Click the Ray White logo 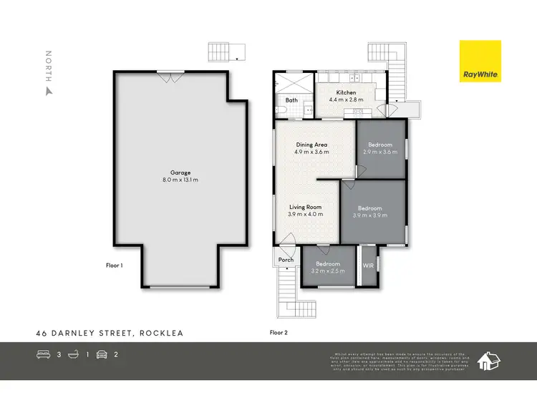pyautogui.click(x=480, y=62)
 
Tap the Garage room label pyautogui.click(x=180, y=172)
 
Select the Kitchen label pyautogui.click(x=346, y=92)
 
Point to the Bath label pyautogui.click(x=291, y=100)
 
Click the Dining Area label pyautogui.click(x=311, y=145)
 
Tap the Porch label pyautogui.click(x=286, y=260)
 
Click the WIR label pyautogui.click(x=369, y=266)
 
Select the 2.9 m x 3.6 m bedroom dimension pyautogui.click(x=380, y=152)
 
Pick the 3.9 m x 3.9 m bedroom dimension pyautogui.click(x=370, y=215)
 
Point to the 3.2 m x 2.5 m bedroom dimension pyautogui.click(x=328, y=271)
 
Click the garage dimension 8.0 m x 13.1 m pyautogui.click(x=180, y=180)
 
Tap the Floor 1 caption pyautogui.click(x=115, y=265)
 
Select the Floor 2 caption pyautogui.click(x=278, y=332)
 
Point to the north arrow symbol pyautogui.click(x=49, y=91)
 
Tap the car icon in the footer pyautogui.click(x=102, y=354)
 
